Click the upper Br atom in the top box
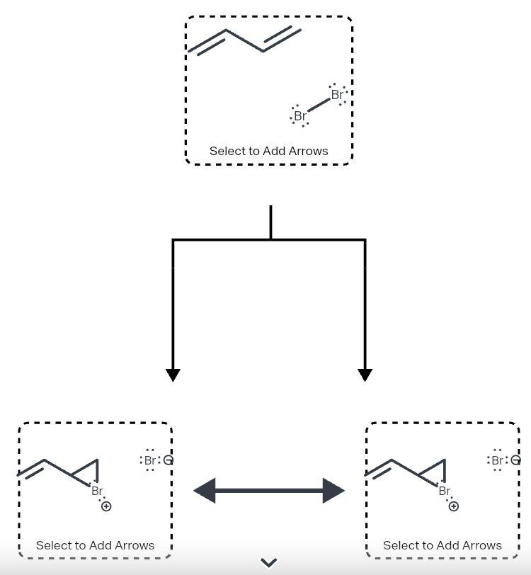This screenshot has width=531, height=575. (337, 94)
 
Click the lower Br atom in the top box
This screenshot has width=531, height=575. (300, 116)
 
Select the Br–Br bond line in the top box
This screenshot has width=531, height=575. (319, 105)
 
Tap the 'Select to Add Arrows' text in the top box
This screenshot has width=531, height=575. (268, 151)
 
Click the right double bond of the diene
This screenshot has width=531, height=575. (282, 39)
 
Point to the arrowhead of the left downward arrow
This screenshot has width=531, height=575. (173, 375)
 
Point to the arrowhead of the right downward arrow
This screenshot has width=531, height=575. (365, 375)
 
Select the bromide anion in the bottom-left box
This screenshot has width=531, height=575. (150, 460)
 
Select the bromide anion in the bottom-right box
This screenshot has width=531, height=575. (497, 460)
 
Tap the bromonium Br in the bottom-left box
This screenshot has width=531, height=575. (97, 491)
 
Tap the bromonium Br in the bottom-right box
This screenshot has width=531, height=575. (444, 491)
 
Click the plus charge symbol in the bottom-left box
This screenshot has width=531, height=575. (106, 506)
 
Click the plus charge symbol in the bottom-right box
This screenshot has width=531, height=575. (453, 506)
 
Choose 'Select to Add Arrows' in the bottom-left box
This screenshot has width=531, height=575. (95, 545)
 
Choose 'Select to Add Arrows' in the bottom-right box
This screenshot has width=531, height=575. (442, 545)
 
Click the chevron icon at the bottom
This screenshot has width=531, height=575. (268, 563)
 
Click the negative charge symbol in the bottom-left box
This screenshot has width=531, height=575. (168, 460)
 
